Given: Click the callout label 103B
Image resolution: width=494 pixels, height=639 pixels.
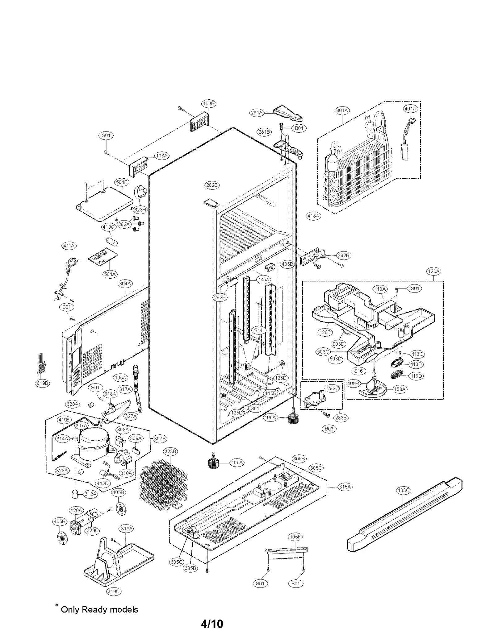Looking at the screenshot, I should point(209,103).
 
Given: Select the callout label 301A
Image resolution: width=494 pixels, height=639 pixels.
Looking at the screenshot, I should point(342,110).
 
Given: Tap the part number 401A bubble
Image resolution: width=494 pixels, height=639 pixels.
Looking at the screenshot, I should point(410,109).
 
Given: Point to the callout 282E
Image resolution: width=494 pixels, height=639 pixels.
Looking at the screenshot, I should point(212,185).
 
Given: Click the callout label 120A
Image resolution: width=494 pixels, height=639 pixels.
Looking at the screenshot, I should point(433,271).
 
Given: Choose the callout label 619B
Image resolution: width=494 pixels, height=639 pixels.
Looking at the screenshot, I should point(42,383).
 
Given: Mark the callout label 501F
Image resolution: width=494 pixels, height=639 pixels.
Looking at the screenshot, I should point(121,182).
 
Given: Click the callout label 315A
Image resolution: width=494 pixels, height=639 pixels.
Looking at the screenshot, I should point(345,487).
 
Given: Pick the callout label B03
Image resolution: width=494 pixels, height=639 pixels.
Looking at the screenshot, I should point(329,429).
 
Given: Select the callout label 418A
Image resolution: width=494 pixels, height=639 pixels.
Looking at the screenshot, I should point(313,216).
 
